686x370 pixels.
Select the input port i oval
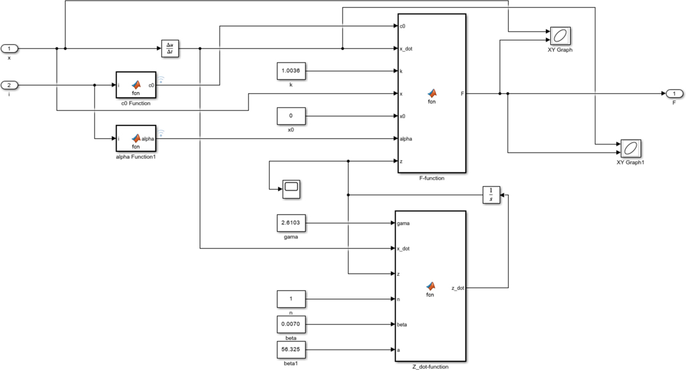[x=9, y=85]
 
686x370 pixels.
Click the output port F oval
[x=674, y=93]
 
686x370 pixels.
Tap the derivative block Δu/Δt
[x=169, y=49]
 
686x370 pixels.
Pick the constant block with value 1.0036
[x=291, y=71]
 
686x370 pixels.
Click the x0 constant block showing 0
[x=291, y=116]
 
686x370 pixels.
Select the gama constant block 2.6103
[x=291, y=223]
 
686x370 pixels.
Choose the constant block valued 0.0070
[x=291, y=324]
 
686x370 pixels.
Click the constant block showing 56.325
[x=291, y=349]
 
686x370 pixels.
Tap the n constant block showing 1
[x=291, y=299]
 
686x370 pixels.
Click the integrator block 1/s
[x=491, y=195]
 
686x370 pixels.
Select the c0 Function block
[x=135, y=85]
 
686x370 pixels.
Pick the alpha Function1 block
[x=135, y=138]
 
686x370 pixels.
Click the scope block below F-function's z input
[x=292, y=188]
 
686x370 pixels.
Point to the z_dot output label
[x=457, y=288]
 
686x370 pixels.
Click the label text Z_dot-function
[x=430, y=367]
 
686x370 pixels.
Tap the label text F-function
[x=432, y=178]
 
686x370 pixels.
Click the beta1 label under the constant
[x=291, y=363]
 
